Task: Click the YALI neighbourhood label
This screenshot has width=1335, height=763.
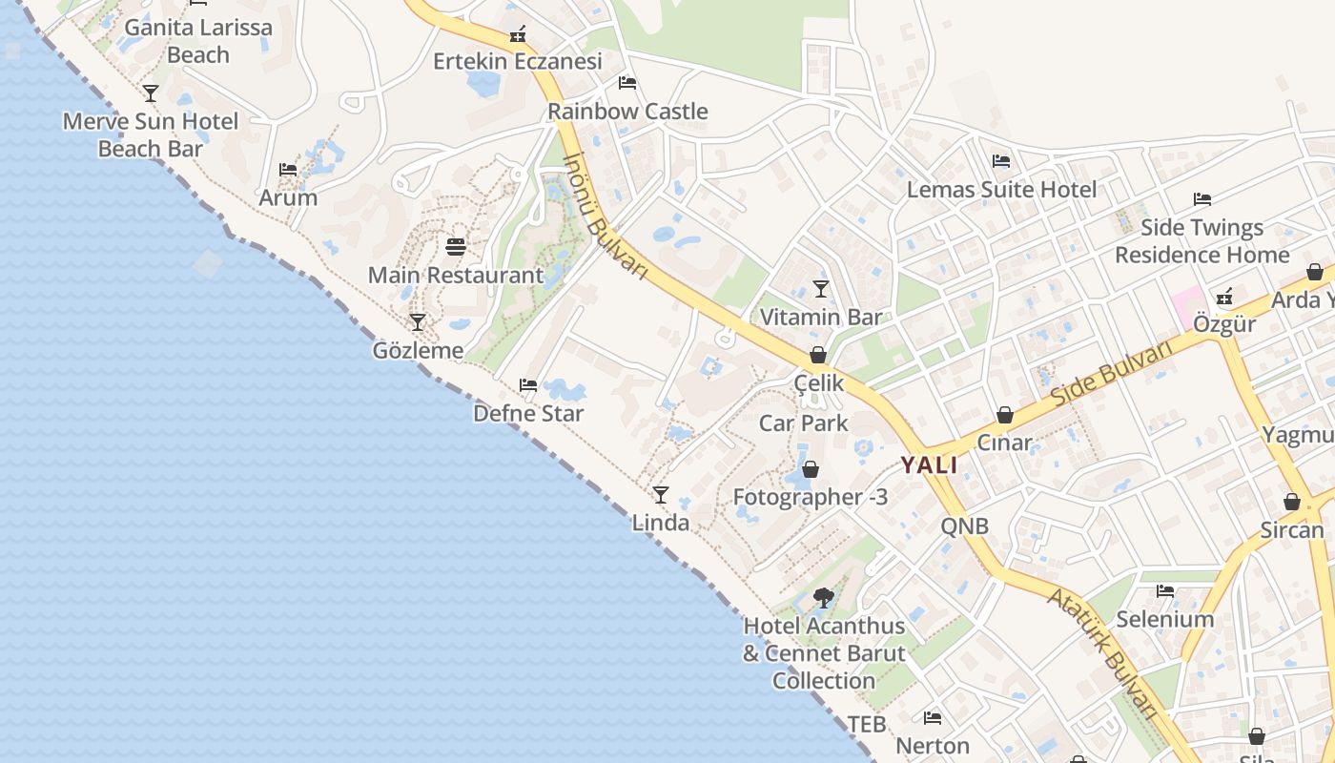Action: click(x=930, y=465)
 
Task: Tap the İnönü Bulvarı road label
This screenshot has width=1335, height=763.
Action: click(x=606, y=217)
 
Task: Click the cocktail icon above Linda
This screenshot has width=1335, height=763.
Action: click(x=660, y=494)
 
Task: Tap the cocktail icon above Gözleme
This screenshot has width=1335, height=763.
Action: click(x=417, y=322)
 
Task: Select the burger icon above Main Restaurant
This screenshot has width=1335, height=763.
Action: click(x=456, y=247)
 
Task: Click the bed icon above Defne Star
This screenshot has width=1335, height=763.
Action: click(x=528, y=385)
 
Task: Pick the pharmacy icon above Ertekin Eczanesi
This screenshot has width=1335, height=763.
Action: click(x=518, y=35)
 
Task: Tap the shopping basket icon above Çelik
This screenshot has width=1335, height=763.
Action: click(x=818, y=356)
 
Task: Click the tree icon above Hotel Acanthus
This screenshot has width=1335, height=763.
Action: click(x=824, y=598)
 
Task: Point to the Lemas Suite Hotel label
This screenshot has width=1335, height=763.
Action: click(x=1001, y=189)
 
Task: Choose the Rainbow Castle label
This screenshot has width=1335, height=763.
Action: click(x=627, y=111)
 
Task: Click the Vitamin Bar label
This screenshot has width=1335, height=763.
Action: click(x=820, y=317)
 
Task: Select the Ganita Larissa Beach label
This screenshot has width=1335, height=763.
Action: click(x=198, y=41)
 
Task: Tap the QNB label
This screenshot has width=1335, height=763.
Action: click(x=964, y=526)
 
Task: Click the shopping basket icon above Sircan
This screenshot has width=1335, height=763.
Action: click(x=1292, y=502)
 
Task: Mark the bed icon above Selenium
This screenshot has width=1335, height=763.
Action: click(x=1165, y=591)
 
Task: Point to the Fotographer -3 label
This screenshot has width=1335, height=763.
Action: click(x=810, y=497)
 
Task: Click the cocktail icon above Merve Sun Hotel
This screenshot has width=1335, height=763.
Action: click(x=151, y=93)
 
